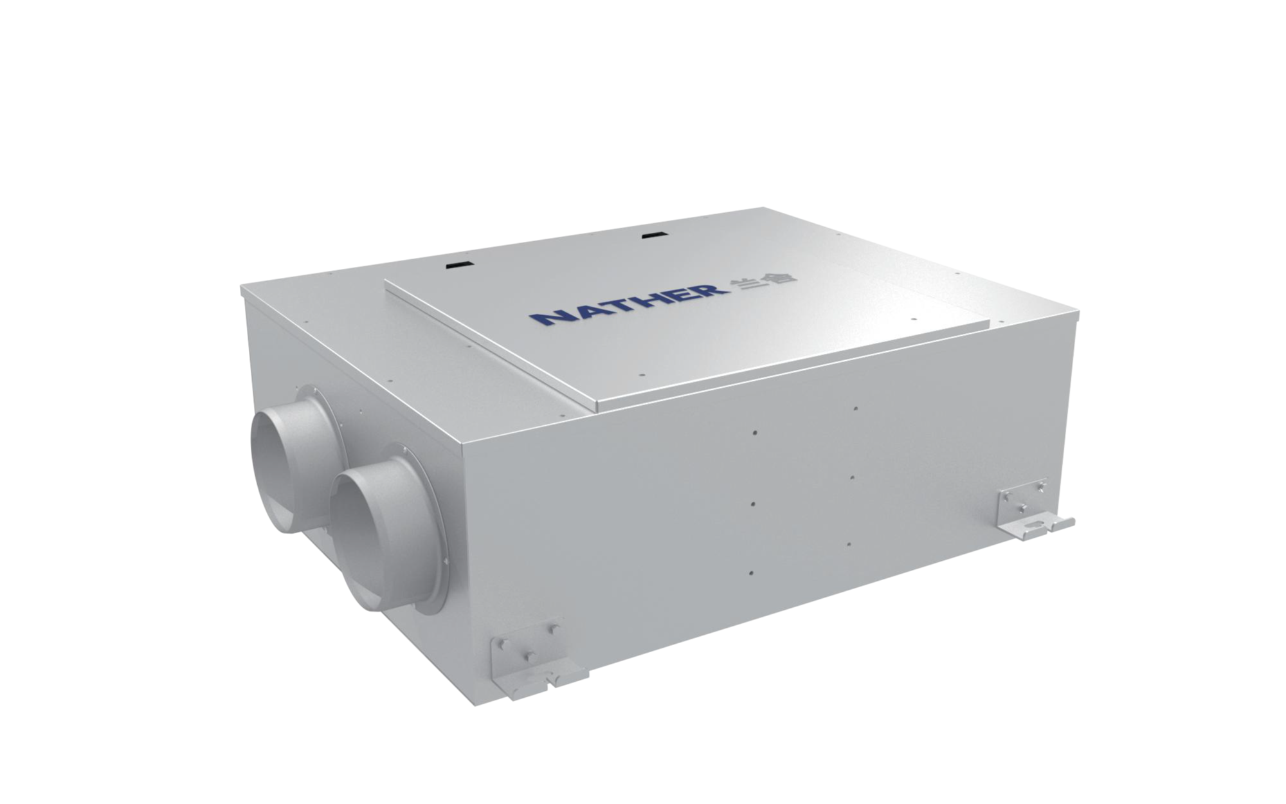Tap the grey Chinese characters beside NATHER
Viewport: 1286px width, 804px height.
(764, 280)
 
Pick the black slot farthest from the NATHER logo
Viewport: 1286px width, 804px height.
(459, 263)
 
